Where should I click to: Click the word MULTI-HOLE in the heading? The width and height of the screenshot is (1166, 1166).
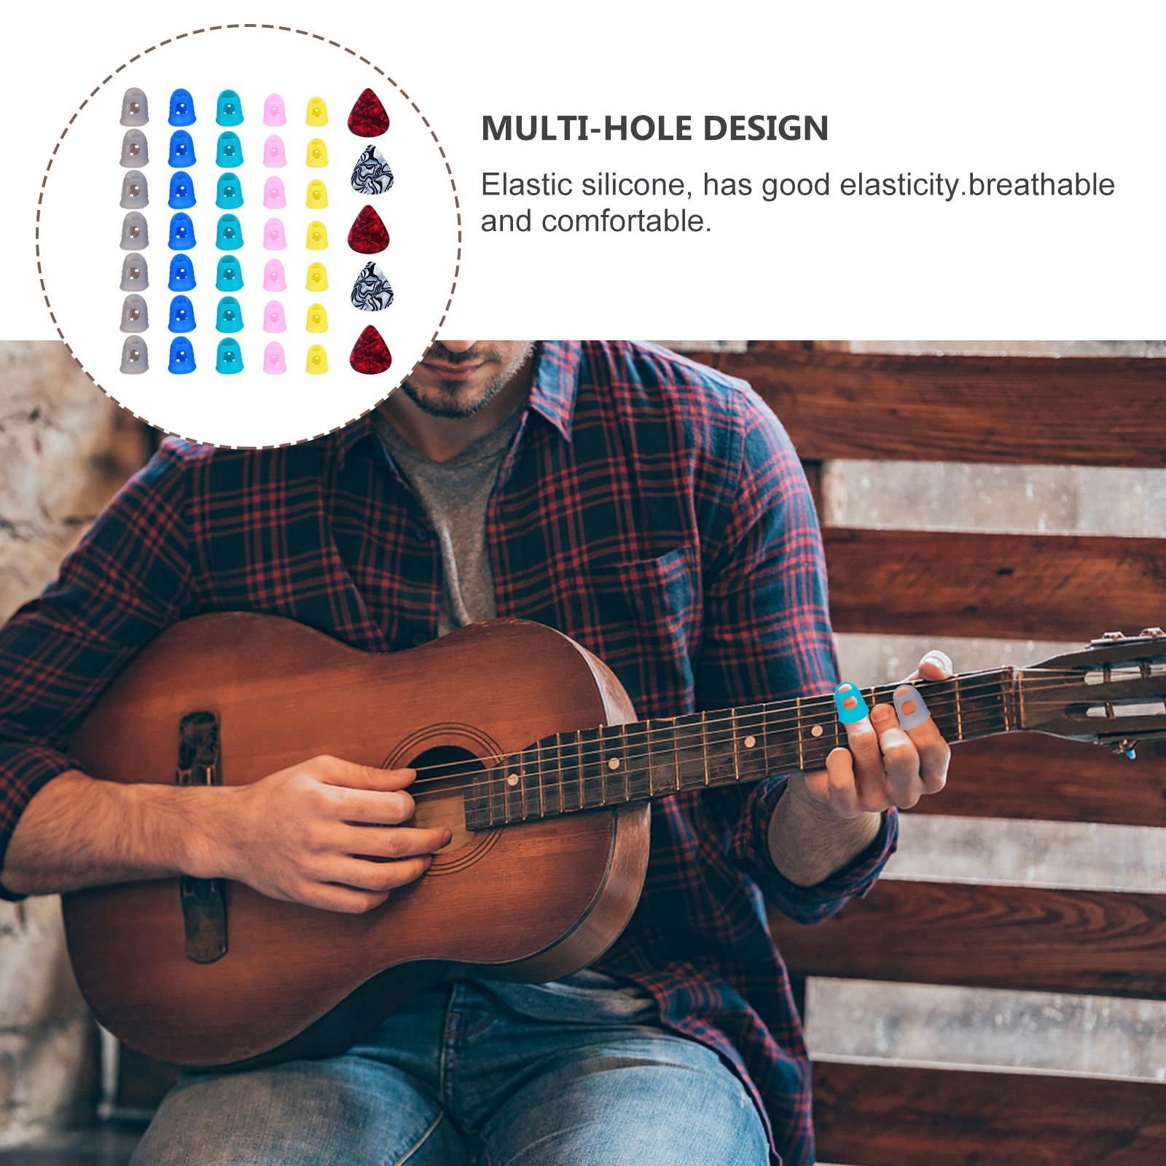[x=587, y=128]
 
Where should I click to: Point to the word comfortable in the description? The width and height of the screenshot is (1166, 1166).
[x=626, y=222]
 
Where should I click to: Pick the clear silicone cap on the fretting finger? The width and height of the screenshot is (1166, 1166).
[x=910, y=707]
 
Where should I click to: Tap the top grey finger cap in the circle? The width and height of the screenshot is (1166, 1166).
[x=134, y=107]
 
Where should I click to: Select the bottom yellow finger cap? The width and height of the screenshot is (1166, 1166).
[x=317, y=359]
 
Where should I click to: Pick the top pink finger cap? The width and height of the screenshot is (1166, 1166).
[x=274, y=109]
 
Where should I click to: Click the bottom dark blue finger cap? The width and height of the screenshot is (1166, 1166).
[x=182, y=355]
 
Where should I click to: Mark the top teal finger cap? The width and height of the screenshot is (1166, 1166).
[x=229, y=107]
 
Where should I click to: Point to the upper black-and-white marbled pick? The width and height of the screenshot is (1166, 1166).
[x=372, y=169]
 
